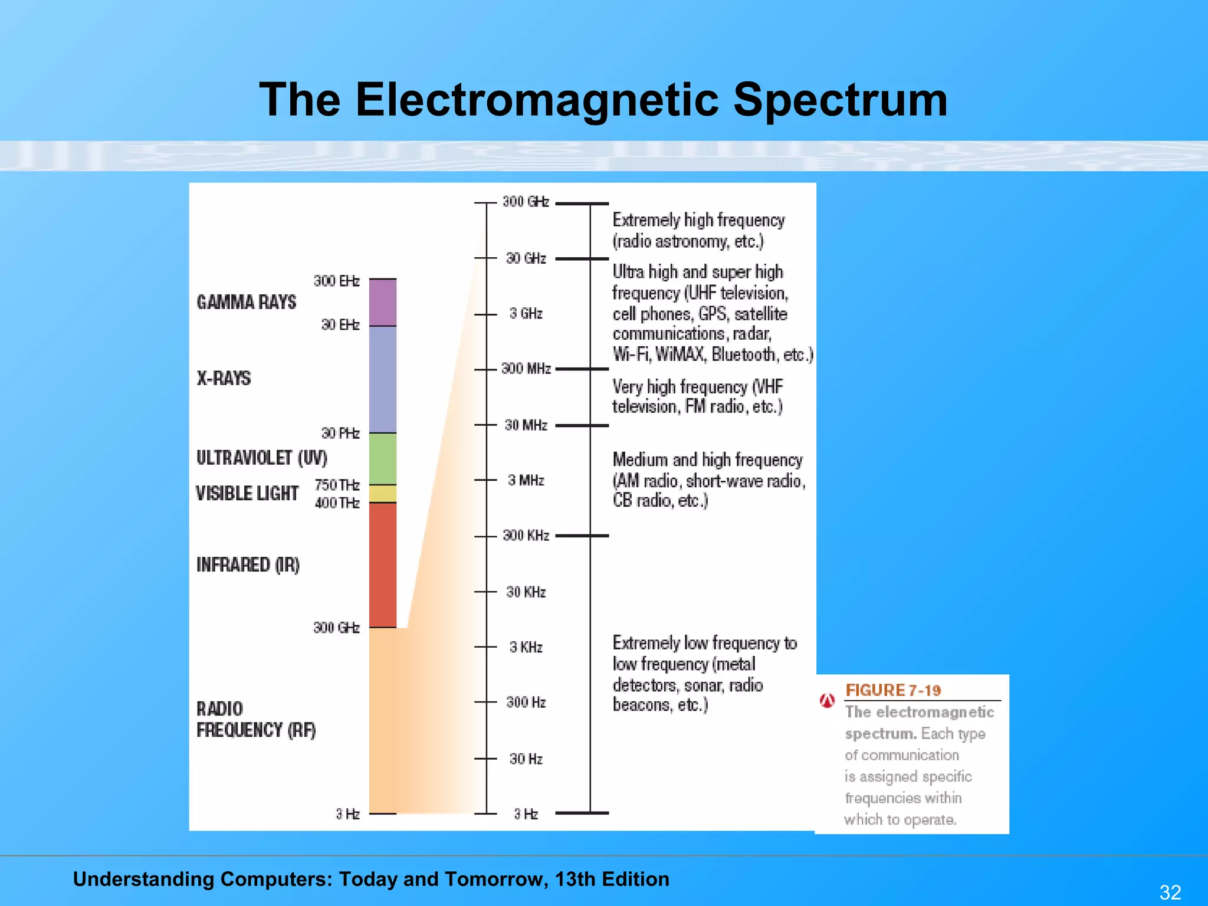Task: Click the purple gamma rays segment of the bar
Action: pyautogui.click(x=383, y=302)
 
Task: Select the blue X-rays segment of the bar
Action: pyautogui.click(x=383, y=379)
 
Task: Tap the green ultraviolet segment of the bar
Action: pyautogui.click(x=383, y=458)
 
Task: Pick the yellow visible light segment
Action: pyautogui.click(x=383, y=493)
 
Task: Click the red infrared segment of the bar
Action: pyautogui.click(x=383, y=564)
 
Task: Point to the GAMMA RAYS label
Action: pyautogui.click(x=247, y=302)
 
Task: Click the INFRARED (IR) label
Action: pyautogui.click(x=248, y=564)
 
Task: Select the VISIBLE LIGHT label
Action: pyautogui.click(x=247, y=493)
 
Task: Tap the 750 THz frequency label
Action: pyautogui.click(x=337, y=485)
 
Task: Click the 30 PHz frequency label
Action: pyautogui.click(x=340, y=433)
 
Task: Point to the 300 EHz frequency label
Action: pyautogui.click(x=336, y=281)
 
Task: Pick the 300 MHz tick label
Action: pyautogui.click(x=526, y=369)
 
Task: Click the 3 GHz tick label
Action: pyautogui.click(x=526, y=313)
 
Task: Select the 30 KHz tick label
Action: pyautogui.click(x=526, y=592)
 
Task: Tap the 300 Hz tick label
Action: pyautogui.click(x=526, y=702)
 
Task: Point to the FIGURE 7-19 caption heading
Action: pyautogui.click(x=893, y=690)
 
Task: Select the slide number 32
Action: pyautogui.click(x=1170, y=892)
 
